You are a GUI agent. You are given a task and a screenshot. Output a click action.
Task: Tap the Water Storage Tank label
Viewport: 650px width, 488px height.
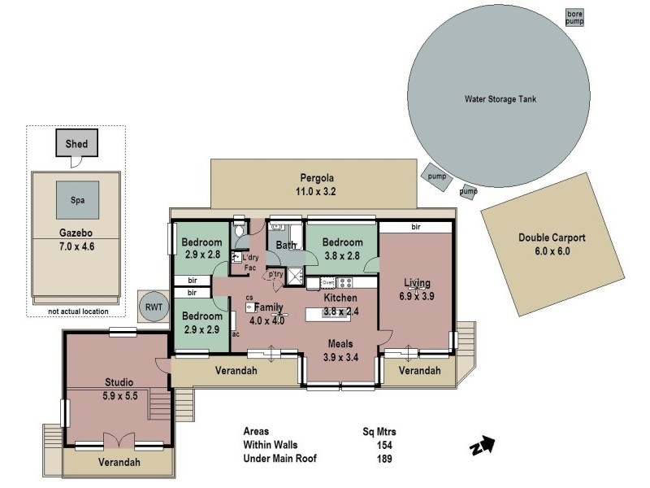500,99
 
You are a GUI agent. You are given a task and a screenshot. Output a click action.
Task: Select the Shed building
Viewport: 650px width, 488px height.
76,145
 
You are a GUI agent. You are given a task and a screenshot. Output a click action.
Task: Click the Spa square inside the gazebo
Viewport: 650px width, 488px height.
78,198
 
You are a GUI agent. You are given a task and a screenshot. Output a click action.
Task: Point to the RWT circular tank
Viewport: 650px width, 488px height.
152,307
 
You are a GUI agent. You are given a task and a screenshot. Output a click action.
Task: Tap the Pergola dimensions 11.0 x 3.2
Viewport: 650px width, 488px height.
315,193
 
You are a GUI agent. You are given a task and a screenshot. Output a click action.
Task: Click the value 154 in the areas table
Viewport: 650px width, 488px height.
383,445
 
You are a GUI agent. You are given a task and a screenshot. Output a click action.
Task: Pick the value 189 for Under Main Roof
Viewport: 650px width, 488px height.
383,459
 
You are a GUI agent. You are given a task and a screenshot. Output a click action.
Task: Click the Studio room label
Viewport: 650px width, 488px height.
119,381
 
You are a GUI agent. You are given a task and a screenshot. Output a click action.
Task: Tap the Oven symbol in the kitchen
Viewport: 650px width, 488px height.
328,283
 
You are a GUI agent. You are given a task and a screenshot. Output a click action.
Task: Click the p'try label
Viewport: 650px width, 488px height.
276,274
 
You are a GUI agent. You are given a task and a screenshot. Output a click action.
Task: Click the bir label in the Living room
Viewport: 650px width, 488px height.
415,227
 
